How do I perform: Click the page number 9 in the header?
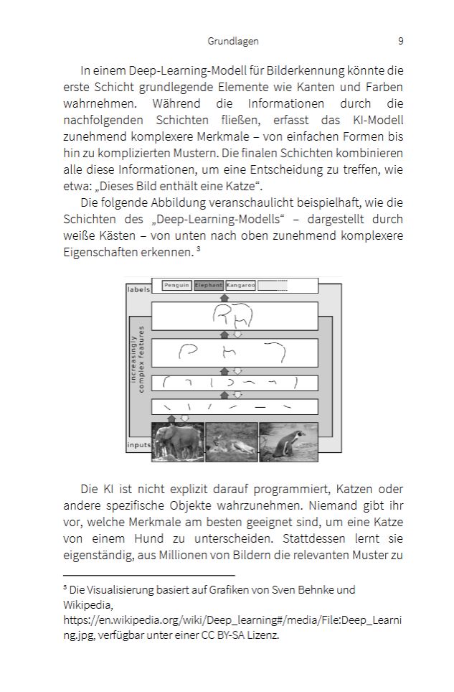[x=400, y=41]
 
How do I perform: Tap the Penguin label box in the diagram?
[x=176, y=285]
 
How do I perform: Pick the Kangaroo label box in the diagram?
[x=240, y=285]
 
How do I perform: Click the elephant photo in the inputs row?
[x=177, y=441]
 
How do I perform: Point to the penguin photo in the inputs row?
[x=288, y=441]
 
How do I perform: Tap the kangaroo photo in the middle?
[x=231, y=441]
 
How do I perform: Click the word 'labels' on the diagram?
[x=138, y=290]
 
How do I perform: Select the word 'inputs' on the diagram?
[x=138, y=445]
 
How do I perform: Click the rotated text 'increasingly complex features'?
[x=141, y=359]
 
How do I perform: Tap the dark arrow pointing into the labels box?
[x=224, y=297]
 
